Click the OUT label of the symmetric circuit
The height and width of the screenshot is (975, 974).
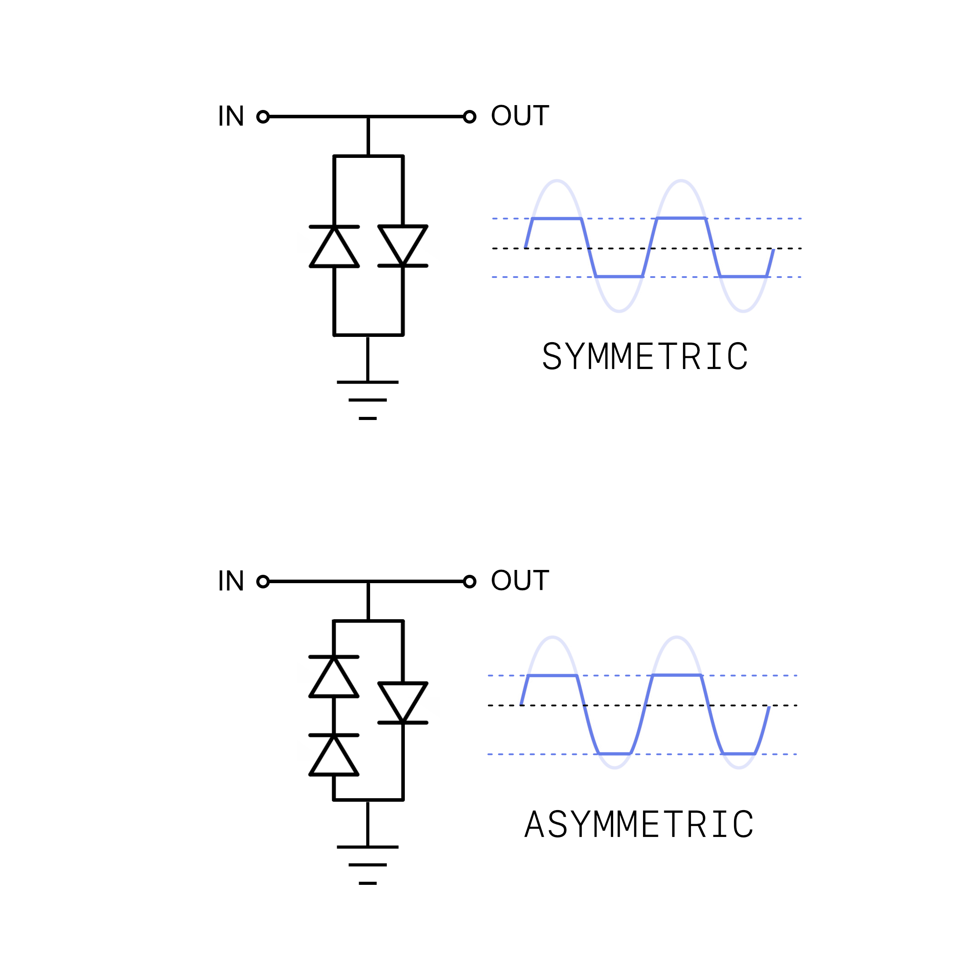(x=520, y=116)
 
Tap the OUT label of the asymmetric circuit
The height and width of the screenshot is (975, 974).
(x=520, y=581)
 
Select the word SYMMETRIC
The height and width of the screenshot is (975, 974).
(x=645, y=356)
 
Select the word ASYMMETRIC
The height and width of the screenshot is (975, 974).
(x=639, y=824)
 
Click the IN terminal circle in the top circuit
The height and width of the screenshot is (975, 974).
(x=263, y=117)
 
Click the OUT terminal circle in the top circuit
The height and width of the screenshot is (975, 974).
(x=469, y=117)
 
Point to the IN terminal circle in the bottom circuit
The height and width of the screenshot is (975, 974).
(x=263, y=582)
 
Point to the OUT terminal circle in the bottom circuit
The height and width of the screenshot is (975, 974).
(x=469, y=582)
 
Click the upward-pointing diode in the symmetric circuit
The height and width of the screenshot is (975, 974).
(x=334, y=247)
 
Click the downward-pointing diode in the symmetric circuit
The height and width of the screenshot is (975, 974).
(x=403, y=246)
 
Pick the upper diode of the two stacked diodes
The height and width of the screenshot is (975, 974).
(x=334, y=677)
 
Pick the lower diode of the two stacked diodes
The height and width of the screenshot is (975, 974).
(x=334, y=755)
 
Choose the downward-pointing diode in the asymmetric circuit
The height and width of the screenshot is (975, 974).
(x=403, y=703)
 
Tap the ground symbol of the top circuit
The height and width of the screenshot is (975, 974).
(x=368, y=400)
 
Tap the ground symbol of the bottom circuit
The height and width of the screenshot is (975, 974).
(x=368, y=865)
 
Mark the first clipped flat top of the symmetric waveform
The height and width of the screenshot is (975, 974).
(x=557, y=219)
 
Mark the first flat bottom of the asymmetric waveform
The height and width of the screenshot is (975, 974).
(x=614, y=753)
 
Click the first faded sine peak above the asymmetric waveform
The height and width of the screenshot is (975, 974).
(x=553, y=637)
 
